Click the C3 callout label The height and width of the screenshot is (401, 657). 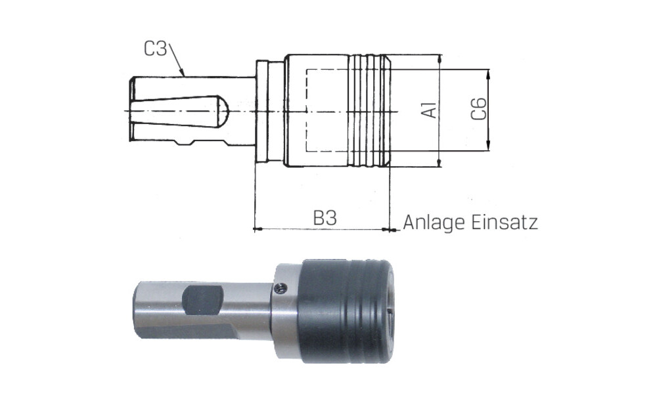click(156, 49)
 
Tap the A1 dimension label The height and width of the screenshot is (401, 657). click(430, 110)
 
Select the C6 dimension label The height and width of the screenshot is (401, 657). click(478, 109)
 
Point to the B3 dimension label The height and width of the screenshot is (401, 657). click(325, 218)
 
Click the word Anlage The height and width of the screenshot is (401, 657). click(434, 222)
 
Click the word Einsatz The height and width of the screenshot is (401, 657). click(505, 222)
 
